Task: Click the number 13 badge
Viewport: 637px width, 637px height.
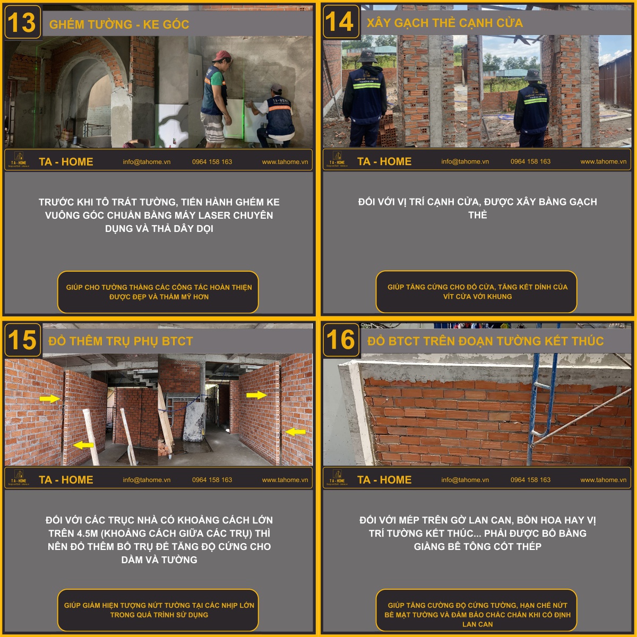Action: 22,22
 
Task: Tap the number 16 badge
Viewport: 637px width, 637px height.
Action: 341,340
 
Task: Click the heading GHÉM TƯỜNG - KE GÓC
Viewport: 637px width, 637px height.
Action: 119,24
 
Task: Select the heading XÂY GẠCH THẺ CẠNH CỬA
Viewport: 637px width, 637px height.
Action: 445,22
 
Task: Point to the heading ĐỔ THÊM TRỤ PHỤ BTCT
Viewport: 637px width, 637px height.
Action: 120,341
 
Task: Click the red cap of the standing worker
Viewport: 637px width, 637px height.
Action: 221,55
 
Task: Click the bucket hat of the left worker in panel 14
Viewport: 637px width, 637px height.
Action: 367,56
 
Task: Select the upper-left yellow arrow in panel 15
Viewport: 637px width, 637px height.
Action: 49,399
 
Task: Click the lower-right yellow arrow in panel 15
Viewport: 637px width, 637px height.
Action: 295,432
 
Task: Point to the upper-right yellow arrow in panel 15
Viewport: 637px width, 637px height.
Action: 256,395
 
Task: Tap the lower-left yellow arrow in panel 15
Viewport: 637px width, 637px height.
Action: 83,445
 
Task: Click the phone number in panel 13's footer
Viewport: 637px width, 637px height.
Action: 212,162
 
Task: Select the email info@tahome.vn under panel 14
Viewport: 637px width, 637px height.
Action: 465,161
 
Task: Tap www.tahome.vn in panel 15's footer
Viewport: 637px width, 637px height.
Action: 285,480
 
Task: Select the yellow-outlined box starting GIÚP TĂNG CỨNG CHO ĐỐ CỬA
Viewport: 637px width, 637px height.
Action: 476,291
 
